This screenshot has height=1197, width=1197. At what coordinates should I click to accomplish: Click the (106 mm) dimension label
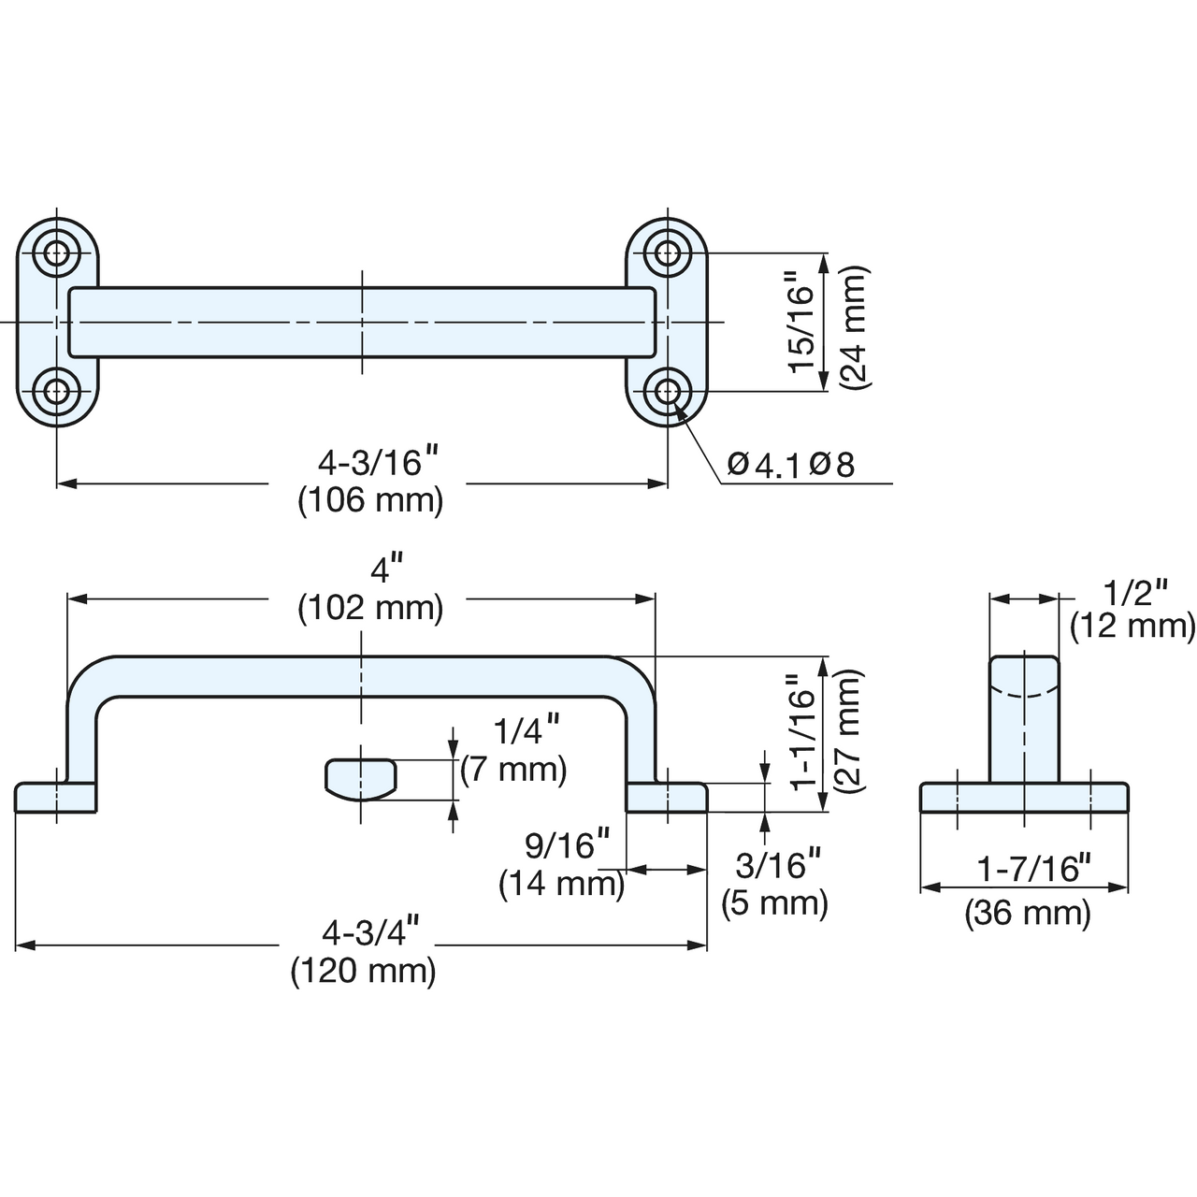[x=371, y=502]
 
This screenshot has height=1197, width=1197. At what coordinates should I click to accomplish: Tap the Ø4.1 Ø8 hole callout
[x=791, y=464]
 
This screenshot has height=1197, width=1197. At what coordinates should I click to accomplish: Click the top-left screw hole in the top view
[x=57, y=252]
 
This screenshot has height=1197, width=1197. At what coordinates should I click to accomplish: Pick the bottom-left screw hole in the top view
[x=57, y=391]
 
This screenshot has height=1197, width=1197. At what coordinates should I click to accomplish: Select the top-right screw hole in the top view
[x=667, y=252]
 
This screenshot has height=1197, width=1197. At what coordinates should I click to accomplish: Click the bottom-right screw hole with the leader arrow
[x=667, y=391]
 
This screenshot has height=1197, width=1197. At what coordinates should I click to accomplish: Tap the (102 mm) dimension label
[x=371, y=608]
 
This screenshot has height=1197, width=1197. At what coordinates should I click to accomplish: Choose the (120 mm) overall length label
[x=364, y=971]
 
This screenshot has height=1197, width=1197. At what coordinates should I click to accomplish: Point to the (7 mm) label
[x=513, y=770]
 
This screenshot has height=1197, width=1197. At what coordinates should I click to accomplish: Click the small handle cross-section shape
[x=361, y=779]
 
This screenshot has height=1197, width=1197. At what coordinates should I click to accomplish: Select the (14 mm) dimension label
[x=561, y=884]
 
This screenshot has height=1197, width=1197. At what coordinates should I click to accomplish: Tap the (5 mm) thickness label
[x=774, y=902]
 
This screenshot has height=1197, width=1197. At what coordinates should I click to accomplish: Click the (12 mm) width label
[x=1132, y=627]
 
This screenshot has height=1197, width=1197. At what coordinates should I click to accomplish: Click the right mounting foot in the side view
[x=666, y=797]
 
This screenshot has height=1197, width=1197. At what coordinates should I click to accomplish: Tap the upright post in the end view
[x=1024, y=719]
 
